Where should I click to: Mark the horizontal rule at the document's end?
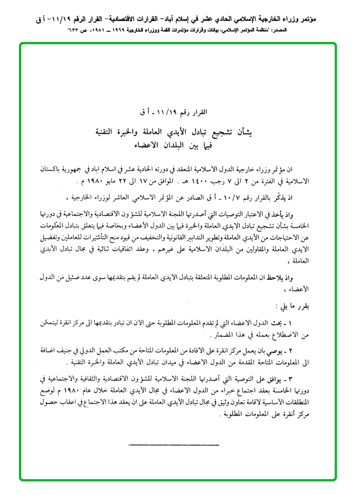coord(174,445)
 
